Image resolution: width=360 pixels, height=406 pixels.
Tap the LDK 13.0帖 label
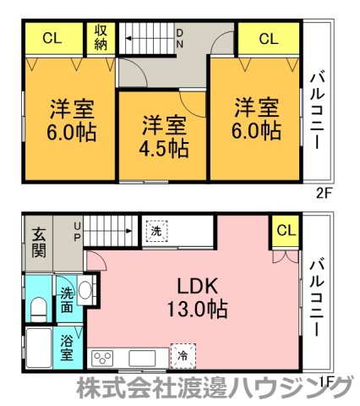pyautogui.click(x=198, y=297)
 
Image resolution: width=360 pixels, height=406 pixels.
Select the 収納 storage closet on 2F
pyautogui.click(x=101, y=38)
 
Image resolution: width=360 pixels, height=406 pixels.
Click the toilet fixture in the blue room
pyautogui.click(x=38, y=310)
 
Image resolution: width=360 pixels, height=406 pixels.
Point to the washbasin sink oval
pyautogui.click(x=85, y=290)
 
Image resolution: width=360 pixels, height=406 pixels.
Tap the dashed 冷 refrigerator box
pyautogui.click(x=183, y=356)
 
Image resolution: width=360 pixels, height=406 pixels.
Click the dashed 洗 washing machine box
pyautogui.click(x=156, y=231)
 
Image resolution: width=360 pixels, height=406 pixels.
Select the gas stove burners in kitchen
pyautogui.click(x=102, y=359)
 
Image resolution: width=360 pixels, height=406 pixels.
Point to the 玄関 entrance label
pyautogui.click(x=39, y=243)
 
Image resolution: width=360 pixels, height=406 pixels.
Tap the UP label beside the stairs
pyautogui.click(x=77, y=232)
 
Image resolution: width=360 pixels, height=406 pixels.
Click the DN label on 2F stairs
pyautogui.click(x=179, y=39)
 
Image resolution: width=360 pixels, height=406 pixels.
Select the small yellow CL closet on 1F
pyautogui.click(x=286, y=231)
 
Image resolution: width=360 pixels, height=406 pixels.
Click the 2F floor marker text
pyautogui.click(x=323, y=194)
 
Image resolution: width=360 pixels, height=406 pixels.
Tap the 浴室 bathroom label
pyautogui.click(x=67, y=348)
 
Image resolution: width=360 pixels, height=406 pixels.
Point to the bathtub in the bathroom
pyautogui.click(x=39, y=348)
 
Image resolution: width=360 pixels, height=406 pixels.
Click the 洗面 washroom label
pyautogui.click(x=68, y=300)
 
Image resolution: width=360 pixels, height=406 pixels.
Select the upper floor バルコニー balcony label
pyautogui.click(x=317, y=111)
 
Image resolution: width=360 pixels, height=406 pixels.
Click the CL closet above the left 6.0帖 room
pyautogui.click(x=52, y=38)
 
